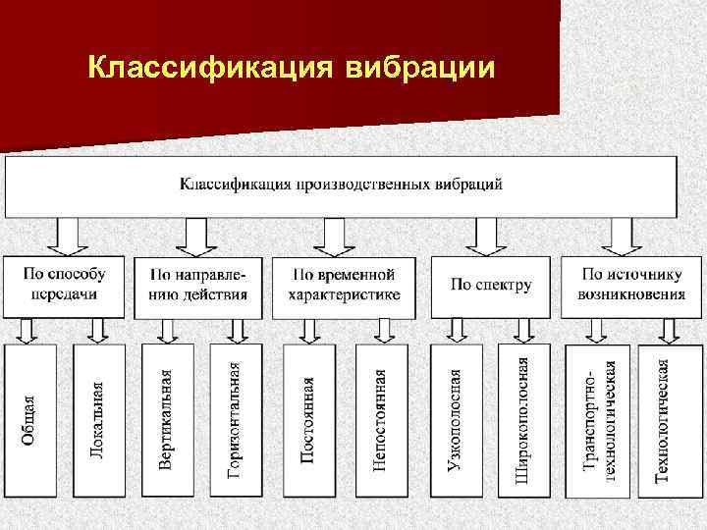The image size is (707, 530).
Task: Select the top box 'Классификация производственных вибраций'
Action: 341,185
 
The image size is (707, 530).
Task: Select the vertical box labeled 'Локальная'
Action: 97,421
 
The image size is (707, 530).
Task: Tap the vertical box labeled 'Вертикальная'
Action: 167,421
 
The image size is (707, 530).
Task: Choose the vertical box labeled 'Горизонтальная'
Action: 235,421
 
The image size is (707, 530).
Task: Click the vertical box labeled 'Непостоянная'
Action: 378,421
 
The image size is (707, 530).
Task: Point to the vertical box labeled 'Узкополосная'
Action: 454,421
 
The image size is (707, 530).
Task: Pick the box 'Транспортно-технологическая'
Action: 598,421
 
